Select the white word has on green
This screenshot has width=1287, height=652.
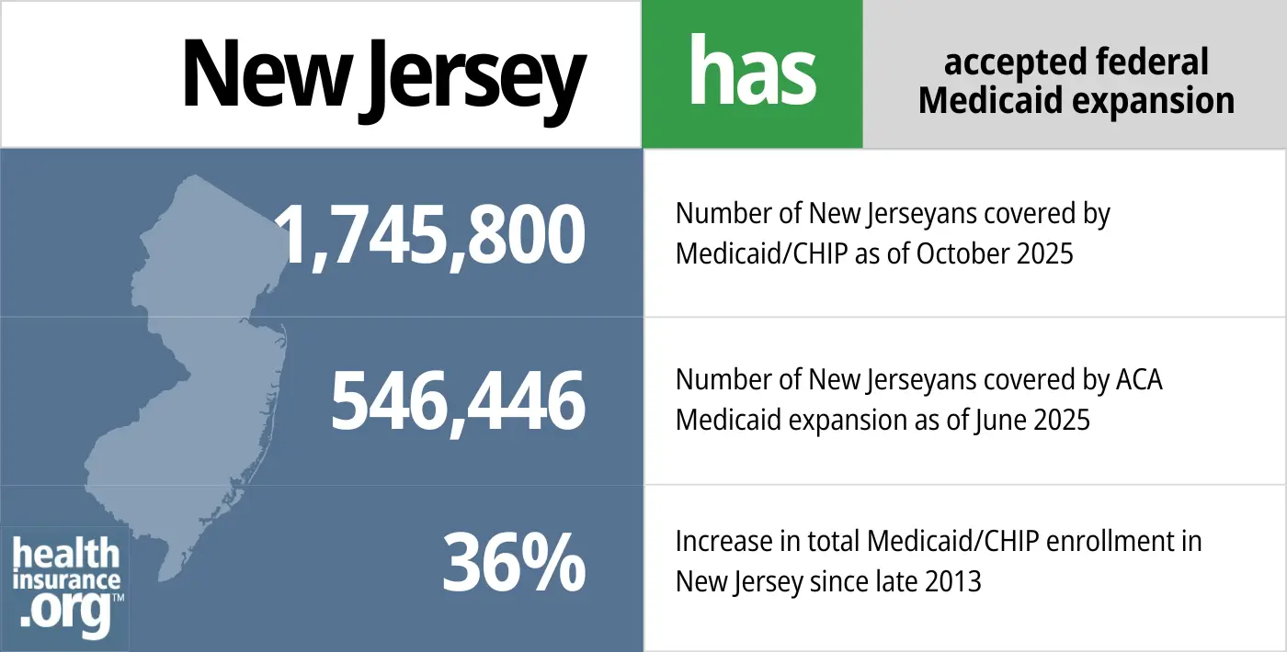pyautogui.click(x=752, y=73)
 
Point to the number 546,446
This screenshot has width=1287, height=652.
pyautogui.click(x=458, y=401)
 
